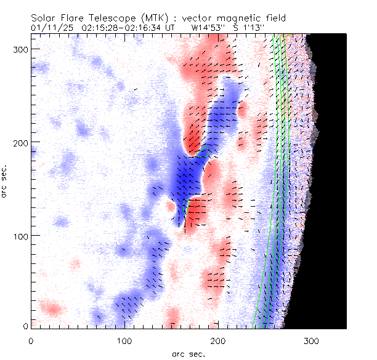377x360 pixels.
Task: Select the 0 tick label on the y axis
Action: pos(25,326)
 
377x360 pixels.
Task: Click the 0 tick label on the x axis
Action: pos(31,340)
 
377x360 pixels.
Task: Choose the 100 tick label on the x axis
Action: pos(124,340)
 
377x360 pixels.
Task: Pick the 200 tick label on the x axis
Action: pos(218,340)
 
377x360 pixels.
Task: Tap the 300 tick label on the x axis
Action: pos(312,340)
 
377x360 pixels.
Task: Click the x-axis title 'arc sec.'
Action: pos(188,353)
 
